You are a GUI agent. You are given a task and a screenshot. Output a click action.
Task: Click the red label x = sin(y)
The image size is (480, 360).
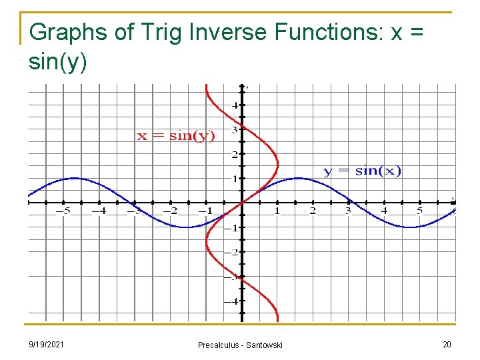tap(176, 136)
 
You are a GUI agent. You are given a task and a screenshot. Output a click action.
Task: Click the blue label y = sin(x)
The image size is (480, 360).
tap(363, 171)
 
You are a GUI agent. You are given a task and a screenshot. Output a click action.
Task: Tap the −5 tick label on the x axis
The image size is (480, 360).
tap(63, 211)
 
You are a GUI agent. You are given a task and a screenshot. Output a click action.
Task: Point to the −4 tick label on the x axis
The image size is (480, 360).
tap(99, 211)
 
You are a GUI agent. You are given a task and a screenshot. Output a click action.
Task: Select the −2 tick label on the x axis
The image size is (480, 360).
tap(171, 211)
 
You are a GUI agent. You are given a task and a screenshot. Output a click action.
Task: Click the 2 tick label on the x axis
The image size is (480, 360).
tap(313, 211)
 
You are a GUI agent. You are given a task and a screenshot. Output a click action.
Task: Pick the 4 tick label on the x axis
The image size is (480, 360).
tap(384, 211)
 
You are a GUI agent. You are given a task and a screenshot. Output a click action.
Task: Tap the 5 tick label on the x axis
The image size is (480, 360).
tap(419, 211)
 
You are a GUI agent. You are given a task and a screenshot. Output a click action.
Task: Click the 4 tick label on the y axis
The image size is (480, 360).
tap(235, 105)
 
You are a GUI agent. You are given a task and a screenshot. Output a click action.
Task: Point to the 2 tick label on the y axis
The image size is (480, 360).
tap(235, 154)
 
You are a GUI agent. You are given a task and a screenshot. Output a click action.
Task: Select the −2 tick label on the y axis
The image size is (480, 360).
tap(232, 253)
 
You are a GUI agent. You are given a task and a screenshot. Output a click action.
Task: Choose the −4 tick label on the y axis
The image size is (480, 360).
tap(232, 301)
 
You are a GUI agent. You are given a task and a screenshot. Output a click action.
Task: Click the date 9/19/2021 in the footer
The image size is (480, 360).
tap(47, 344)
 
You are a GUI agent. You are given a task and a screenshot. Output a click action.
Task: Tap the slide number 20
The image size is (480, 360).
tap(446, 344)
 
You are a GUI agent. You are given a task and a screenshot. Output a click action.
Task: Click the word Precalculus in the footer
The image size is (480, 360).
tap(219, 345)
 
